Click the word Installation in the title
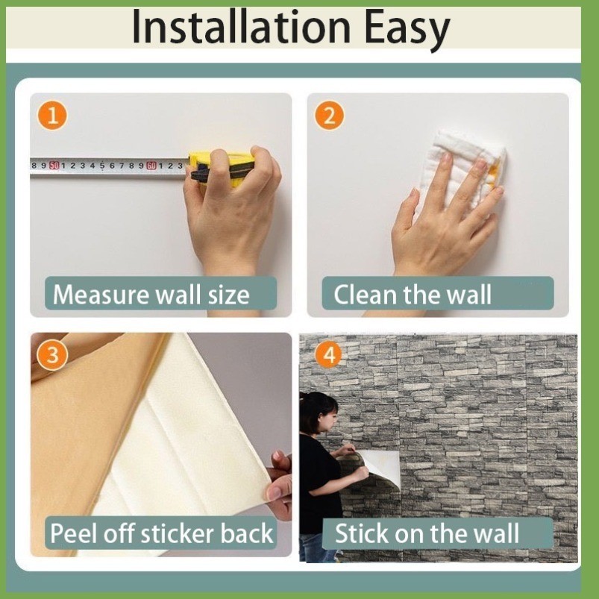click(241, 28)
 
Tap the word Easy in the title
click(407, 30)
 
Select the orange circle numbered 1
click(52, 116)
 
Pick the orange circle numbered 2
click(329, 116)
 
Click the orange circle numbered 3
click(52, 355)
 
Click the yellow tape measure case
click(222, 168)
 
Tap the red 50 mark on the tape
click(54, 166)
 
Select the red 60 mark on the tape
click(151, 166)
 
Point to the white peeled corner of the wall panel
click(382, 467)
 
